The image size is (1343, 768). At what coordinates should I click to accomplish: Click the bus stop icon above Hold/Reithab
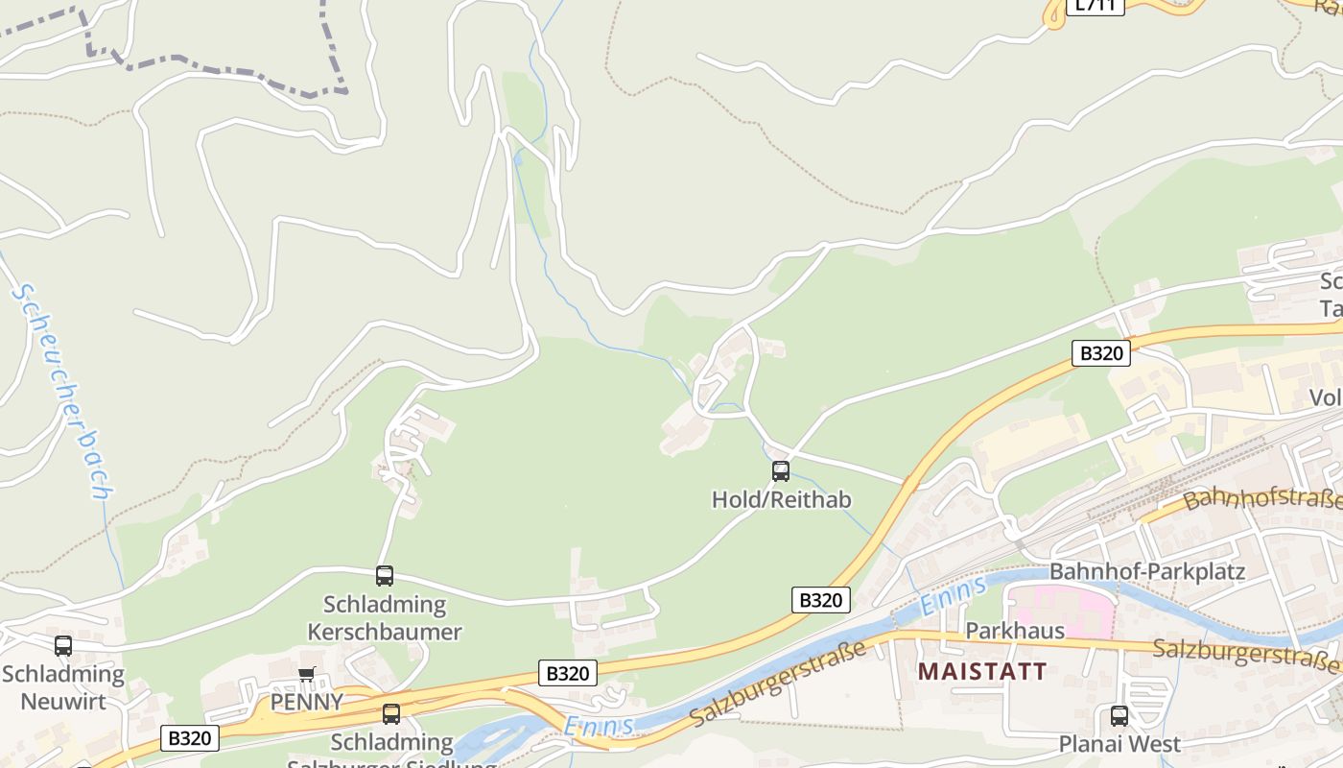tap(781, 470)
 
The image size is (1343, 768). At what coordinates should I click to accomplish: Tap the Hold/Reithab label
tap(781, 499)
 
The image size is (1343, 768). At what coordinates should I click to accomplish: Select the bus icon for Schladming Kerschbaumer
tap(385, 576)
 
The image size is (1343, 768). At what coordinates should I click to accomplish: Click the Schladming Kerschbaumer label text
tap(385, 618)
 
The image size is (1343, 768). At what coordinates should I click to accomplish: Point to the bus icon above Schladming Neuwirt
tap(63, 646)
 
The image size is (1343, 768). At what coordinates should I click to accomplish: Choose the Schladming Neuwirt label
tap(63, 687)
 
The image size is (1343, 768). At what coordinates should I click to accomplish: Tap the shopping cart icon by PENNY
tap(307, 674)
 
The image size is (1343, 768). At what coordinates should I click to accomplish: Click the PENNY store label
tap(306, 702)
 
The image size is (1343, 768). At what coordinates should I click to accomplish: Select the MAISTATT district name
tap(982, 670)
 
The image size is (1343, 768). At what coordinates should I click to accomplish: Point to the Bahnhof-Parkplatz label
tap(1147, 572)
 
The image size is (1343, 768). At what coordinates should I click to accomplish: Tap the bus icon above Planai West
tap(1119, 715)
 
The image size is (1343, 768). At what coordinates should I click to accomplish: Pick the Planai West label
tap(1119, 744)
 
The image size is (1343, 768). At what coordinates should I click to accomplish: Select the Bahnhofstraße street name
tap(1262, 499)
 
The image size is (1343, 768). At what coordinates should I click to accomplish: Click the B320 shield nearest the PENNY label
tap(567, 673)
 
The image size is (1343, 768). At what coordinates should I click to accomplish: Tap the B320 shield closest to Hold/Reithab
tap(821, 600)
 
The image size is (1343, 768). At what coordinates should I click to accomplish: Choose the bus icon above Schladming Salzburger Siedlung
tap(391, 714)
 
